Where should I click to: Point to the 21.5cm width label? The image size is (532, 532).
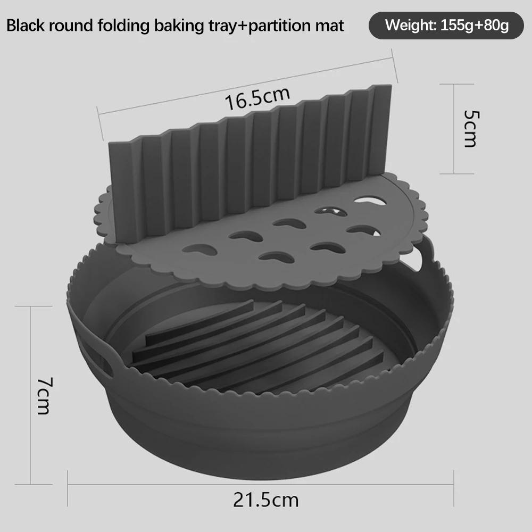(x=265, y=500)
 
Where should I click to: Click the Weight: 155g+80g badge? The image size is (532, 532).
(x=446, y=25)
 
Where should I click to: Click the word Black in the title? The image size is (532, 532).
(x=26, y=25)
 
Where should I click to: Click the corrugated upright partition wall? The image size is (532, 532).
(x=250, y=160)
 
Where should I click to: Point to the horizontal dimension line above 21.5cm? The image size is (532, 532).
(x=261, y=484)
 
